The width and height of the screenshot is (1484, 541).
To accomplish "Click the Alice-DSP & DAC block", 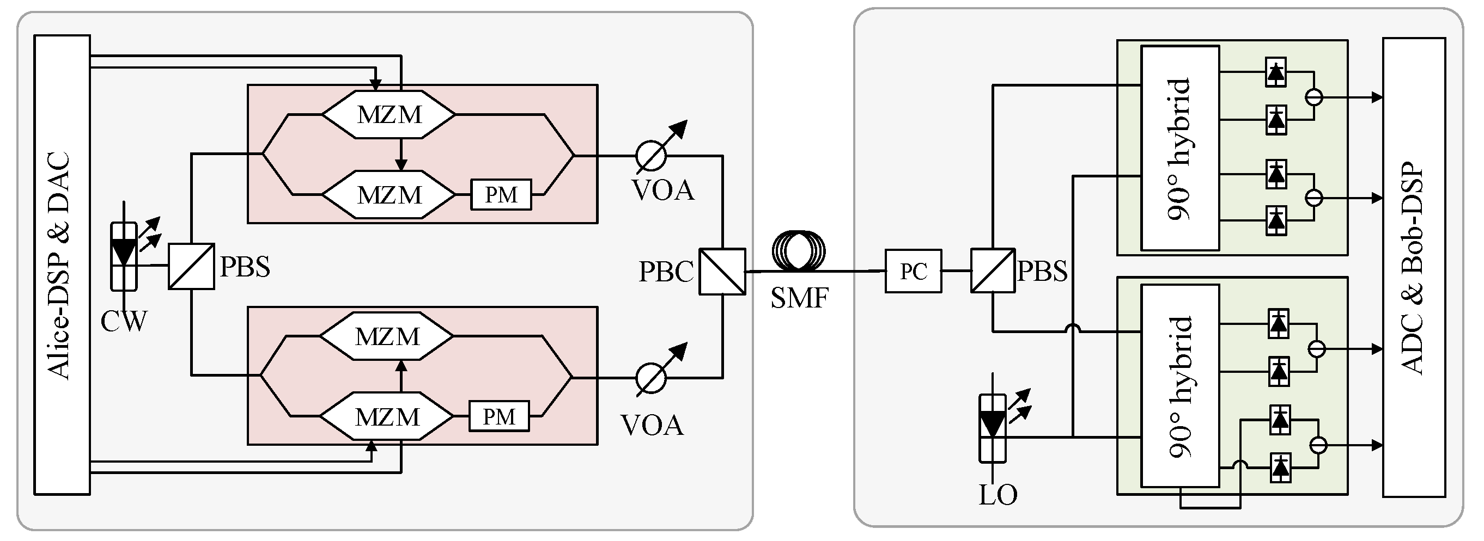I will (x=62, y=265).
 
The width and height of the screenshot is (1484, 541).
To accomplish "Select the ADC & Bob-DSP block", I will (x=1413, y=268).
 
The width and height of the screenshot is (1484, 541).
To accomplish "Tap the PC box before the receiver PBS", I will (x=913, y=271).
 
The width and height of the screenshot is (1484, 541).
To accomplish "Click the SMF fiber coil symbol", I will (x=799, y=251).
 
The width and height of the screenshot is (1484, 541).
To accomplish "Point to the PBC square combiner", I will (x=722, y=271).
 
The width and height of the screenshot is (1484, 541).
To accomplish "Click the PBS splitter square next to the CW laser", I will (x=191, y=266).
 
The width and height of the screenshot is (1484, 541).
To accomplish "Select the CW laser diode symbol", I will (x=124, y=256).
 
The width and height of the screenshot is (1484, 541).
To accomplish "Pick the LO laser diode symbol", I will (x=992, y=428).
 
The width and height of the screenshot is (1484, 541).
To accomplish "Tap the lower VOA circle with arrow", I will (x=651, y=378).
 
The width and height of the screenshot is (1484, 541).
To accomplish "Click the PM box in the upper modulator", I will (x=501, y=194).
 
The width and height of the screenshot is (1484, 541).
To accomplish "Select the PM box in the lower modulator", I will (x=498, y=417).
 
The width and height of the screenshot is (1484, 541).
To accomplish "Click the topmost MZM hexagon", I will (x=389, y=114).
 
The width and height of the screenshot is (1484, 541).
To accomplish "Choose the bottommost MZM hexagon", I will (x=387, y=417).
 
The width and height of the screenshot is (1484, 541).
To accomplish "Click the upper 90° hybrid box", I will (x=1179, y=148).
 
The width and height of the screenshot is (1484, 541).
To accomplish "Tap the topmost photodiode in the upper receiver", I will (x=1276, y=72).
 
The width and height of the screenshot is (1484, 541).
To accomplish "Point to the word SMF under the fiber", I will (x=799, y=298).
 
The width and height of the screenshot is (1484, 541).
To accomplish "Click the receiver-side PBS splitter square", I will (x=993, y=270).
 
